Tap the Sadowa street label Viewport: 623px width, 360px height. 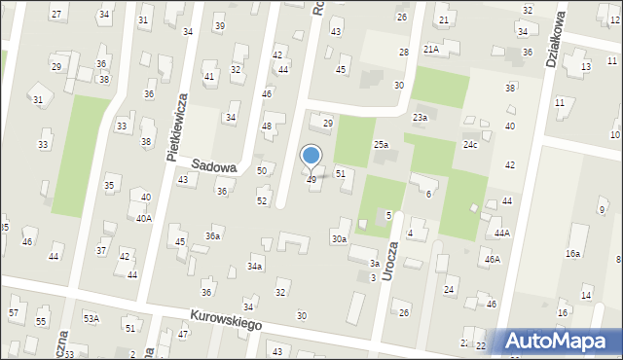coord(215,166)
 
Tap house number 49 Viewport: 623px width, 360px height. coord(311,180)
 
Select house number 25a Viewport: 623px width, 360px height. coord(382,145)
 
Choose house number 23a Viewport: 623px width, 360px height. coord(420,118)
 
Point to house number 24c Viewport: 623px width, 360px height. coord(470,145)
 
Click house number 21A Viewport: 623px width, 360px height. coord(430,49)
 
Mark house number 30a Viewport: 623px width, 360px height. coord(339,238)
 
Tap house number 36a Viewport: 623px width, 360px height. coord(212,235)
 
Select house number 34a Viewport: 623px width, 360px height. coord(254,266)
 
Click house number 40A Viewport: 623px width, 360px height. coord(143,218)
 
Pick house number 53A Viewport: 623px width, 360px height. coord(91,318)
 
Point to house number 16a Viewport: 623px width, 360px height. coord(572,253)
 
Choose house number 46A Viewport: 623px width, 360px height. coord(493,259)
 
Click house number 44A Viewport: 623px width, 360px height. coord(501,233)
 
